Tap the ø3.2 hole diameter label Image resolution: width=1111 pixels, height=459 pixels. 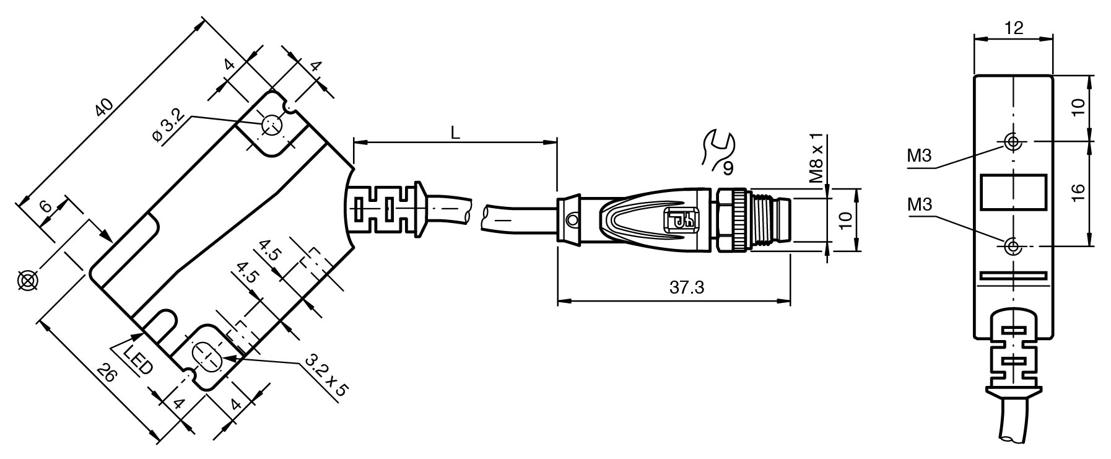coord(168,126)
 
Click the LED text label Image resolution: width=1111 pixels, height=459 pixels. coord(137,361)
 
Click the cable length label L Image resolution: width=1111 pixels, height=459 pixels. coord(455,132)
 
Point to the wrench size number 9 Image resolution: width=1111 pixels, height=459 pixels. coord(728,167)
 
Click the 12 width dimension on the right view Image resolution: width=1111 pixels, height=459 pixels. coord(1014,27)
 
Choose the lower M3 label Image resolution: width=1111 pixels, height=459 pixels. coord(920,204)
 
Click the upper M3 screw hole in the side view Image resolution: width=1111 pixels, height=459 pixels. coord(1013,142)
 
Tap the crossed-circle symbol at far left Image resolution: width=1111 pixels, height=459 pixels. coord(27,281)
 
